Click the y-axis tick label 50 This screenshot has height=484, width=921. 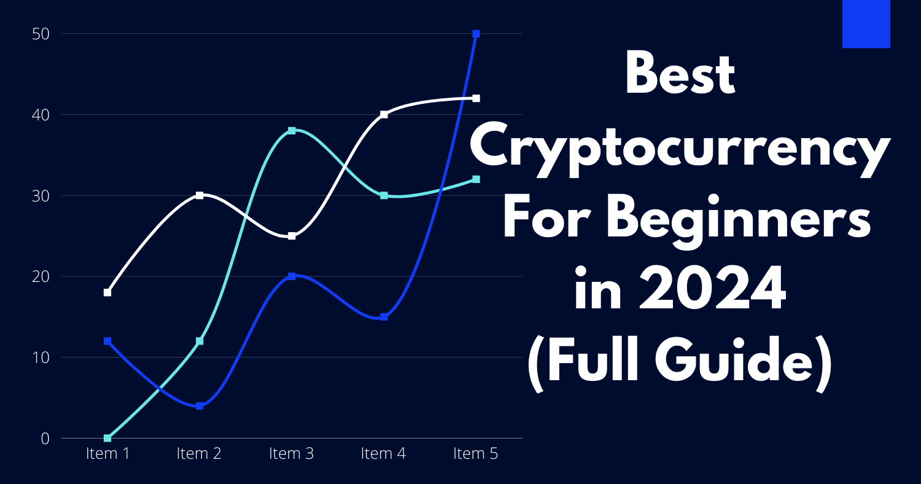tap(41, 34)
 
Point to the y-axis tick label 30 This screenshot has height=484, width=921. tap(41, 196)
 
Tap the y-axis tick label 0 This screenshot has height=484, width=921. tap(45, 439)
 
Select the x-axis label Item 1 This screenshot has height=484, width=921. tap(107, 454)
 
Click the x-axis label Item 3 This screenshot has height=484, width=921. tap(291, 454)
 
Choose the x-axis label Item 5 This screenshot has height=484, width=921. tap(475, 454)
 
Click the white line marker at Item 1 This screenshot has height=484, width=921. tap(107, 292)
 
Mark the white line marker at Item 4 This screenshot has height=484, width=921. tap(384, 114)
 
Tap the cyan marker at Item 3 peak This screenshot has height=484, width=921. tap(292, 131)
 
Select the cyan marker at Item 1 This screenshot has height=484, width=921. tap(107, 438)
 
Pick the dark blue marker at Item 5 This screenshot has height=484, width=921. tap(476, 34)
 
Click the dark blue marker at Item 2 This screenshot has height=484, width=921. tap(200, 406)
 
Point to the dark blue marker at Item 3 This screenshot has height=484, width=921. tap(292, 276)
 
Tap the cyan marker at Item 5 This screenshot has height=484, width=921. tap(476, 179)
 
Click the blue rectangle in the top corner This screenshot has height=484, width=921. tap(866, 23)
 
